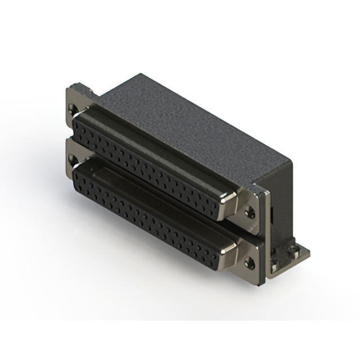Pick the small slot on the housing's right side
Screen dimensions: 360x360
(x=271, y=214)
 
